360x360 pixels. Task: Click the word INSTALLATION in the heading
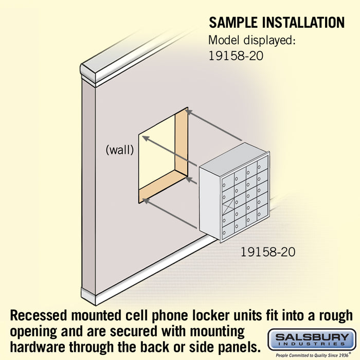point(303,23)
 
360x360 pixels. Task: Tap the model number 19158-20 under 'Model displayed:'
point(236,56)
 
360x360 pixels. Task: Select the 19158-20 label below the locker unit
point(268,252)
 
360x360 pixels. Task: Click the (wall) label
point(120,150)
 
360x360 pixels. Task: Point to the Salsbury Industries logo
point(312,340)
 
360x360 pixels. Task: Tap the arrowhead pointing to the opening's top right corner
point(188,112)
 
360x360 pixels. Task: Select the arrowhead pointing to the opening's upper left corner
point(146,138)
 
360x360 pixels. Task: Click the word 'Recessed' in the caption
point(39,315)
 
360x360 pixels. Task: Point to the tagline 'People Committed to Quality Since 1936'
point(312,355)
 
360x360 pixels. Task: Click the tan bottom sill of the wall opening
point(163,186)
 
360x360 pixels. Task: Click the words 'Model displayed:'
point(251,41)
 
